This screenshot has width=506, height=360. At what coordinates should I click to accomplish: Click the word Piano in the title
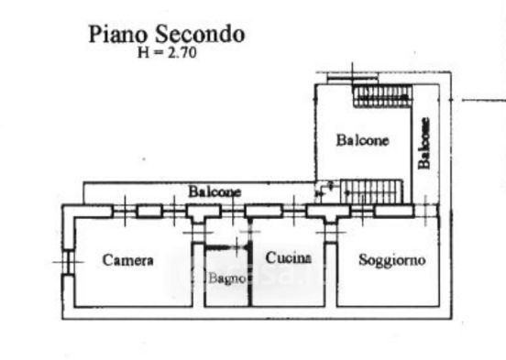[x=117, y=34]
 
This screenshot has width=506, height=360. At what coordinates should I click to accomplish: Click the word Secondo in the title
[x=200, y=34]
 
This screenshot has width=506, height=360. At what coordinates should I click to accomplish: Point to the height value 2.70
[x=181, y=52]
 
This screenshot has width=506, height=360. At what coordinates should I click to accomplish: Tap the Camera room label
[x=127, y=260]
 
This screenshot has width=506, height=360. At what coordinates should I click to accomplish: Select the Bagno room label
[x=227, y=278]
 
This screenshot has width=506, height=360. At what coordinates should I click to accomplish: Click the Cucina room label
[x=289, y=257]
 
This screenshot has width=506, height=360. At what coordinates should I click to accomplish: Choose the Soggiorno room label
[x=391, y=260]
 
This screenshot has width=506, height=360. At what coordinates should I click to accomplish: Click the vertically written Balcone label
[x=423, y=143]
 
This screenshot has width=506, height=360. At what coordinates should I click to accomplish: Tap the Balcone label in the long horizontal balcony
[x=214, y=191]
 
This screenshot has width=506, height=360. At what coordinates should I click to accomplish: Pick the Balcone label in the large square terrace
[x=362, y=140]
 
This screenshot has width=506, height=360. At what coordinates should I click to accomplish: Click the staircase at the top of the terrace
[x=383, y=95]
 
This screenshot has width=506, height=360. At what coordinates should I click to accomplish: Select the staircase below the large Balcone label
[x=372, y=191]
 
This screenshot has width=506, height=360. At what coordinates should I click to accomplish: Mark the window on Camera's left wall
[x=68, y=262]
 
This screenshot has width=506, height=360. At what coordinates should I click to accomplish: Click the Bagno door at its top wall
[x=227, y=247]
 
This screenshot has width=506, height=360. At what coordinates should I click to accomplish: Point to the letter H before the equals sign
[x=144, y=53]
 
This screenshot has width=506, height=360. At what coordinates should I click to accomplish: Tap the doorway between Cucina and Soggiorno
[x=330, y=233]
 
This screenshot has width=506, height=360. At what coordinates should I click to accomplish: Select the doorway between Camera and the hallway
[x=198, y=233]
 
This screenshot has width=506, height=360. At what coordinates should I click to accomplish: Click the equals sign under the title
[x=158, y=53]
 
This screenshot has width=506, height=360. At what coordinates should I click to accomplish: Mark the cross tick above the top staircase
[x=352, y=75]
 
